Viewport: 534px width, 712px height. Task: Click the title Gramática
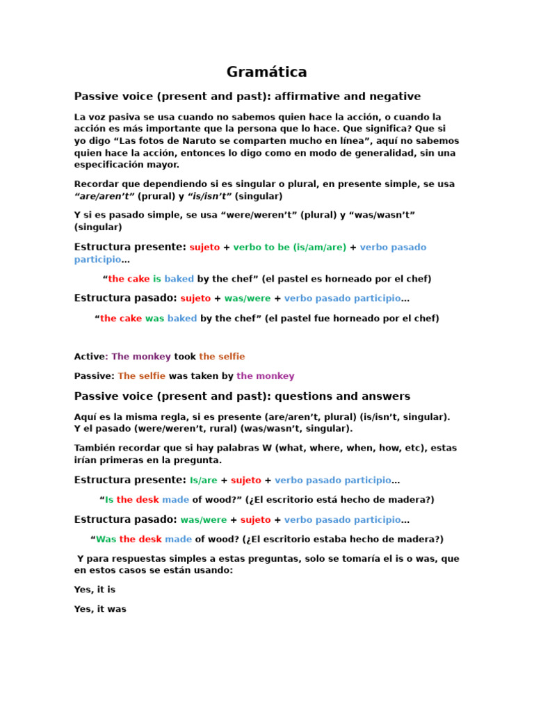tap(266, 72)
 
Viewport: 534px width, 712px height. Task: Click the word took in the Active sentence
tap(185, 357)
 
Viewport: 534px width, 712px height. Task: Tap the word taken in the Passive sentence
tap(204, 376)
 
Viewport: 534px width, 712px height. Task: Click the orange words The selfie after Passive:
tap(142, 376)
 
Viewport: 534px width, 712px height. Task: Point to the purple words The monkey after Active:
tap(141, 357)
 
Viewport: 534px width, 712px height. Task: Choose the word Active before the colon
tap(89, 357)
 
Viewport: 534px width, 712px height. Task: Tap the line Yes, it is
tap(95, 590)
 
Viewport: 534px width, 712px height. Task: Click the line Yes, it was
tap(100, 609)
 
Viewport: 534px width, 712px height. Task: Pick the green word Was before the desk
tap(106, 539)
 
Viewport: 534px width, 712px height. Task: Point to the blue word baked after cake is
tap(179, 279)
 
